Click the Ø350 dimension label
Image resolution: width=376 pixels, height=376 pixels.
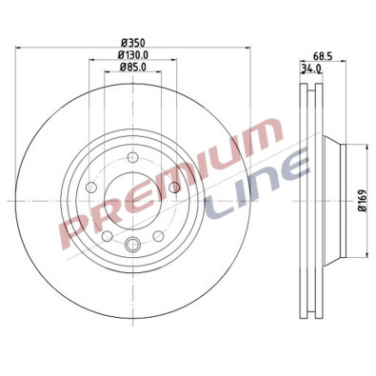(133, 44)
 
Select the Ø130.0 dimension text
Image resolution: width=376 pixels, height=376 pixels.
(133, 56)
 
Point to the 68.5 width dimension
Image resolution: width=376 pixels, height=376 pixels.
(326, 56)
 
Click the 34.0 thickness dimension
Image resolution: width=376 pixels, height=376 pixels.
(310, 69)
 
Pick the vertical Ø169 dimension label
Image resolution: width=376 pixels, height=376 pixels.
(363, 201)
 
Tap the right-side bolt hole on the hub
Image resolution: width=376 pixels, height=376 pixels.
(176, 188)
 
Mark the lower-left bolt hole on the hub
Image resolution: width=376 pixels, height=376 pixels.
(108, 235)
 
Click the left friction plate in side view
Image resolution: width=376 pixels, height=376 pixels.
(306, 201)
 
